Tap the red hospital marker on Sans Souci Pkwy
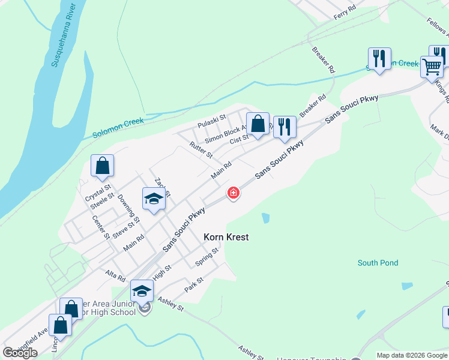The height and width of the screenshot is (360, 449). point(234,193)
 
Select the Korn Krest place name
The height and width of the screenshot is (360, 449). point(226,238)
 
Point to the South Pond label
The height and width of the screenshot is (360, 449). point(378,263)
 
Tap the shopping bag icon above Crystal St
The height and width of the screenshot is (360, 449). point(102,166)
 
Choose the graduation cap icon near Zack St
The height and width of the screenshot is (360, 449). point(154,199)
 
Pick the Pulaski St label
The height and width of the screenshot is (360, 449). point(211,121)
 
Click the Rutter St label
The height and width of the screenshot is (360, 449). point(200,150)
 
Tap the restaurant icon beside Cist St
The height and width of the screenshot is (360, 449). point(285,127)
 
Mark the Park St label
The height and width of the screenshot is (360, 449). point(194,284)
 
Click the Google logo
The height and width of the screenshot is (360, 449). point(20,353)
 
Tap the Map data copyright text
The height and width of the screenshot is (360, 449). point(412,355)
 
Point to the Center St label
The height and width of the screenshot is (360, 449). point(101,227)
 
